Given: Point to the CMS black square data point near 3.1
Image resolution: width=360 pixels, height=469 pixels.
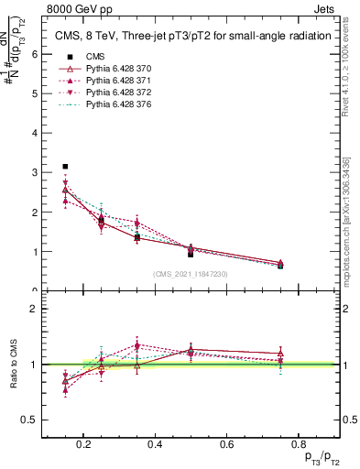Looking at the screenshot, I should [65, 167].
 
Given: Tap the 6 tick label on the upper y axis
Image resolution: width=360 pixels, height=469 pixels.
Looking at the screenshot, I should [34, 53].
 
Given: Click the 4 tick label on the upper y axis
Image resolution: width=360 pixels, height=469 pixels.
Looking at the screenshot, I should [34, 133].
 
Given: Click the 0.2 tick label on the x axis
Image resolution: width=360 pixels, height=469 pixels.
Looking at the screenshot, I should [84, 444].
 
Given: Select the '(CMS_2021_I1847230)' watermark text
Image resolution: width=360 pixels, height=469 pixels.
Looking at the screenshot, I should [191, 274].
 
